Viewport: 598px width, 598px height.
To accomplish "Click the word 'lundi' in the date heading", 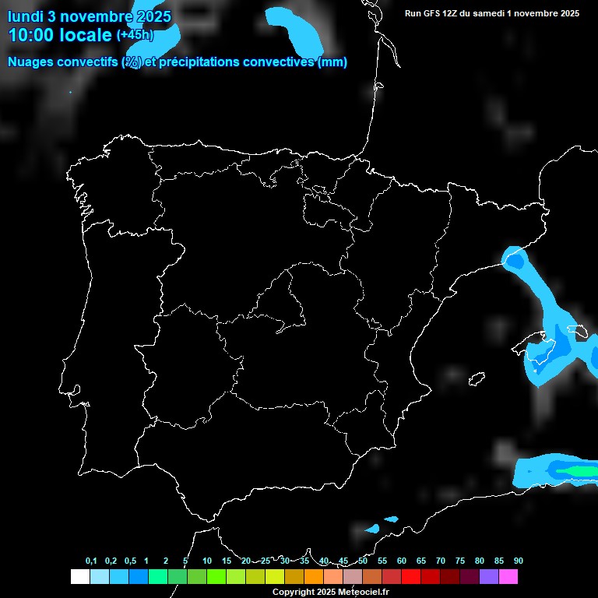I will tap(25, 16).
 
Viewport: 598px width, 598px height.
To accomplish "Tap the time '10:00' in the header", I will tap(33, 35).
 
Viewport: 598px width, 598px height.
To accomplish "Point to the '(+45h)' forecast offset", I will tap(135, 35).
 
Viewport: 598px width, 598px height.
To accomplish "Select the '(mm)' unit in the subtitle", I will tap(332, 62).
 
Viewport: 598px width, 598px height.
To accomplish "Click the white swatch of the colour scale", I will tap(79, 577).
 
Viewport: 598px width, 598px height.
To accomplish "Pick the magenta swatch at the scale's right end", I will tap(508, 577).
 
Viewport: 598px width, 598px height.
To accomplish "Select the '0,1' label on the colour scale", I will tap(91, 561).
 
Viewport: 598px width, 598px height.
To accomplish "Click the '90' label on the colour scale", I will tap(518, 561).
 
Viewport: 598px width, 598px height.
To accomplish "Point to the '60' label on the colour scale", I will tap(401, 561).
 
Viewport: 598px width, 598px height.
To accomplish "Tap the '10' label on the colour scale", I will tap(206, 561).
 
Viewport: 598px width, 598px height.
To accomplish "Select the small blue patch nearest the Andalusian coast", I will tap(372, 529).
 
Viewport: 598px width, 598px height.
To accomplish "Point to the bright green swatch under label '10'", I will tap(216, 577).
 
